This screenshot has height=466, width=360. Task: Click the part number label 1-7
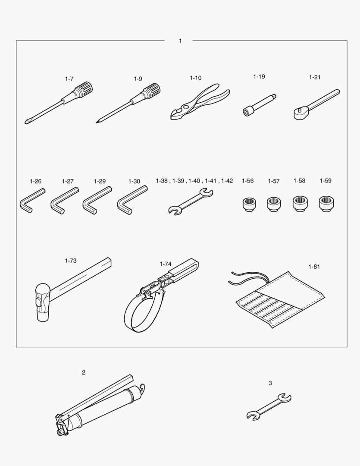pos(69,79)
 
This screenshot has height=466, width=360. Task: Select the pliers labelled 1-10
pos(200,102)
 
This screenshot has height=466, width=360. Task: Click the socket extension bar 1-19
pos(259,105)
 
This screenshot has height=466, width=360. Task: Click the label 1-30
pos(134,181)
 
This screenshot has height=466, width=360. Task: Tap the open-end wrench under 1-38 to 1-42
pos(191,202)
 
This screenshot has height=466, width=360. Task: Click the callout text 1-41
pos(210,181)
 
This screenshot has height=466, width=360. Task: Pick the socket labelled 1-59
pos(326,204)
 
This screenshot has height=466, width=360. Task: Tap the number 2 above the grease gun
pos(84,372)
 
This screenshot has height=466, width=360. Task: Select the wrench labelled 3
pos(269,407)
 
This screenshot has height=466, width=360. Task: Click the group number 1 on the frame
pos(180,41)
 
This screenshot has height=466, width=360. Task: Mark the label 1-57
pos(274,181)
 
